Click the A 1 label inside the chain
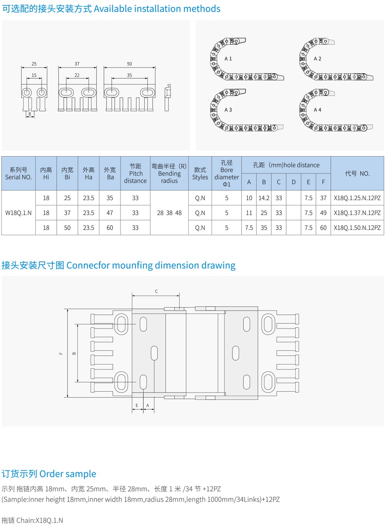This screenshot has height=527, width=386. click(228, 59)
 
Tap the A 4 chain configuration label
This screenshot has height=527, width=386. click(317, 110)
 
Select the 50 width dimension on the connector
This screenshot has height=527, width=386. click(129, 64)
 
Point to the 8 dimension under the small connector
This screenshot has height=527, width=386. click(30, 114)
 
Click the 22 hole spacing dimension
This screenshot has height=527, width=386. click(77, 75)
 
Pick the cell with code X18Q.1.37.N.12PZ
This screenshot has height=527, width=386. click(357, 213)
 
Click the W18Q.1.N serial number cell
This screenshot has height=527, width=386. click(18, 213)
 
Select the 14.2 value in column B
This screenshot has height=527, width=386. click(264, 198)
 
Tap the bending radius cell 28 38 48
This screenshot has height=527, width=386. click(169, 213)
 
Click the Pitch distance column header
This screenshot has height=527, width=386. click(135, 174)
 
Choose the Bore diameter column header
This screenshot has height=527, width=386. click(227, 174)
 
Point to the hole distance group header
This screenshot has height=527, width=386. click(286, 165)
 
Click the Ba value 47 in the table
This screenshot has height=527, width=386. click(110, 213)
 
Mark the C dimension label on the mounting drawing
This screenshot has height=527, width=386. click(156, 291)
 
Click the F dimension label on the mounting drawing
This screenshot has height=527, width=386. click(61, 353)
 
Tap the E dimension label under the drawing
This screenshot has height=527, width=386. click(137, 405)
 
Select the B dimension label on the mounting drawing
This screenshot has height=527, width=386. click(74, 353)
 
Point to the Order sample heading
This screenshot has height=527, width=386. click(68, 474)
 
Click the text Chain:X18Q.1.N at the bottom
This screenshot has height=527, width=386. click(40, 520)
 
